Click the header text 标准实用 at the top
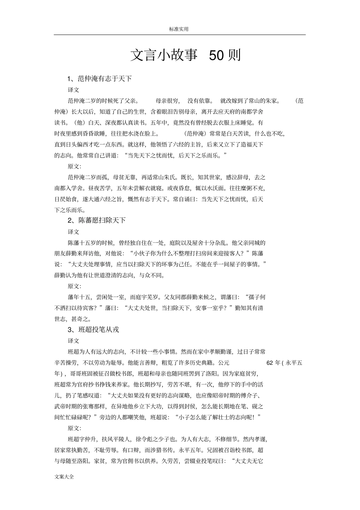[179, 29]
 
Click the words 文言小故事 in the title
[164, 55]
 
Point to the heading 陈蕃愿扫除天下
[102, 220]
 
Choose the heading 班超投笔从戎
[99, 330]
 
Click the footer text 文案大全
[64, 477]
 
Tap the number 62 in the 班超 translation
[270, 363]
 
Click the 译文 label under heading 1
[74, 90]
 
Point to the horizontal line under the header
[179, 35]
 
